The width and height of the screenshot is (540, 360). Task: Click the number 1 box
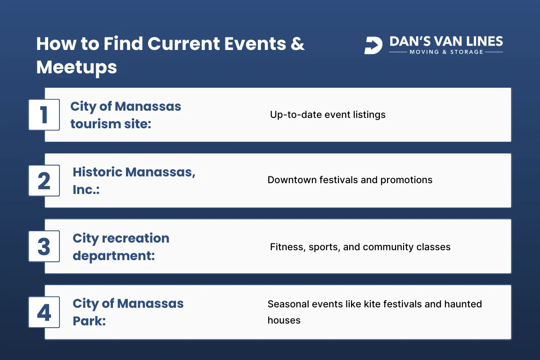[44, 115]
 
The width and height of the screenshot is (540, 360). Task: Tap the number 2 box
[44, 180]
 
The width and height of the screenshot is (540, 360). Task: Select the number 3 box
[44, 246]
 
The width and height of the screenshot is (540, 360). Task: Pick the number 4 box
[44, 312]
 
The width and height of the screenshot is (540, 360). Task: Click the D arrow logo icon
[373, 45]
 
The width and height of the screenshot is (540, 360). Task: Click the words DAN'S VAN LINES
[446, 41]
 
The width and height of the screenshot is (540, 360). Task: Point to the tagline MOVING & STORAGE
[446, 52]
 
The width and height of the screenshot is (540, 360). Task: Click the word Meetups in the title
[76, 67]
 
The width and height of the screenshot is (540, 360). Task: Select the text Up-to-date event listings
[328, 114]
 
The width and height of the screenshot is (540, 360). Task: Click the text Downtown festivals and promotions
[350, 180]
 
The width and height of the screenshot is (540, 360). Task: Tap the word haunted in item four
[463, 304]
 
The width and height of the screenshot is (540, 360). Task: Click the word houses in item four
[284, 320]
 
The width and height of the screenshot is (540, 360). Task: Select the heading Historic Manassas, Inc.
[134, 180]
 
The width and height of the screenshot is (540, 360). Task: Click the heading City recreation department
[121, 247]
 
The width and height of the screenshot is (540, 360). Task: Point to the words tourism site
[111, 123]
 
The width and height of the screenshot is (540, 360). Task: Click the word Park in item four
[89, 320]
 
